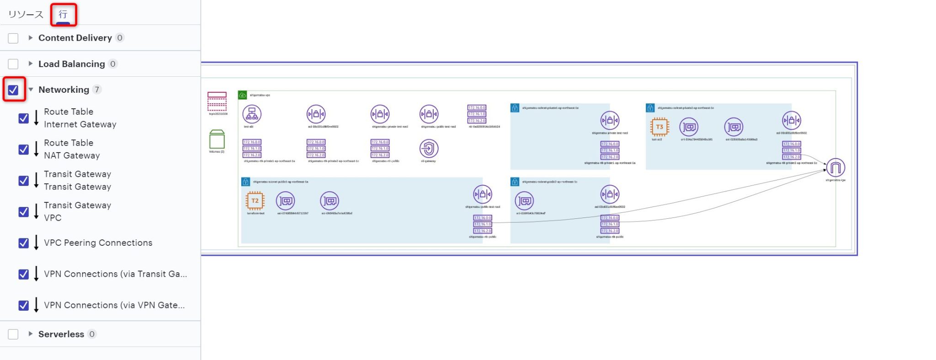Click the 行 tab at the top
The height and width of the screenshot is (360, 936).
tap(63, 15)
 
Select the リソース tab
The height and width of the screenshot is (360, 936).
tap(26, 15)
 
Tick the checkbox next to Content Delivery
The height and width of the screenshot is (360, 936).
tap(13, 38)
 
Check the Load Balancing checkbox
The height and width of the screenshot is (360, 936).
tap(13, 64)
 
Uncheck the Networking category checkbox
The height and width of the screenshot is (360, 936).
tap(13, 90)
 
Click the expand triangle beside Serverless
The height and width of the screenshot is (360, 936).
tap(31, 334)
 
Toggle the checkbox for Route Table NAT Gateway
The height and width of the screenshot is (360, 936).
tap(23, 149)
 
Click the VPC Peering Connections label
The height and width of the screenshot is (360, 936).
tap(98, 243)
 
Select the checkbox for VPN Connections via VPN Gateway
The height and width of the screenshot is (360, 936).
tap(23, 305)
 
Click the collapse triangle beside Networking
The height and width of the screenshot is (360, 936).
tap(31, 90)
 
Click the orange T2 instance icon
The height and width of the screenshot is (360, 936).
tap(255, 201)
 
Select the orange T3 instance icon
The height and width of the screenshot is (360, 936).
tap(659, 127)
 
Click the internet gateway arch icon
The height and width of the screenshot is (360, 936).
tap(835, 168)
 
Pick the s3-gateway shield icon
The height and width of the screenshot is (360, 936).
tap(429, 148)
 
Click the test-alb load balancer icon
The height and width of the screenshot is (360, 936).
tap(252, 114)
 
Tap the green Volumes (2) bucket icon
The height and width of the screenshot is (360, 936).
tap(217, 139)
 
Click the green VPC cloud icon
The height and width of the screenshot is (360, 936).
tap(242, 95)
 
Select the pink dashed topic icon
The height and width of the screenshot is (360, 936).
tap(217, 101)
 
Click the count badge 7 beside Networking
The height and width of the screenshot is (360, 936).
tap(97, 90)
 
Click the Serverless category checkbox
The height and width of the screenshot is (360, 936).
tap(13, 334)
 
